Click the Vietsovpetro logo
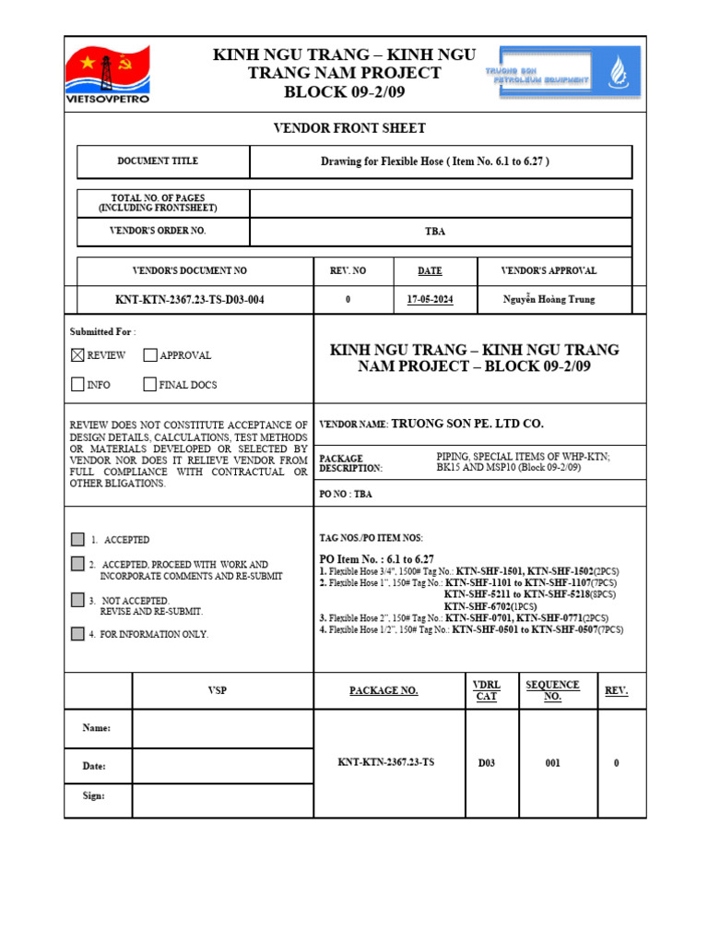(x=107, y=74)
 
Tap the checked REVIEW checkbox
(x=77, y=355)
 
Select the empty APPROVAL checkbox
(x=150, y=355)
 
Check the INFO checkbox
(x=77, y=385)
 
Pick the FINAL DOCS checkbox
(x=150, y=385)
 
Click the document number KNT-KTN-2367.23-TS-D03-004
(x=189, y=299)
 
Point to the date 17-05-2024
(x=430, y=299)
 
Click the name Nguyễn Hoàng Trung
(x=549, y=299)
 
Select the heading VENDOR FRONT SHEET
(x=349, y=128)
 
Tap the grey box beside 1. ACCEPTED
(x=77, y=539)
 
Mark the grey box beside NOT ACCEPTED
(x=77, y=600)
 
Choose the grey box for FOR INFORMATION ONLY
(x=77, y=634)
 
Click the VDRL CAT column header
(x=486, y=690)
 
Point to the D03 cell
(x=486, y=763)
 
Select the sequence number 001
(x=552, y=763)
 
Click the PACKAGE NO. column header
(x=383, y=690)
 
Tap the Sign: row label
(x=93, y=795)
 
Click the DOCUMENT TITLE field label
(x=158, y=161)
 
